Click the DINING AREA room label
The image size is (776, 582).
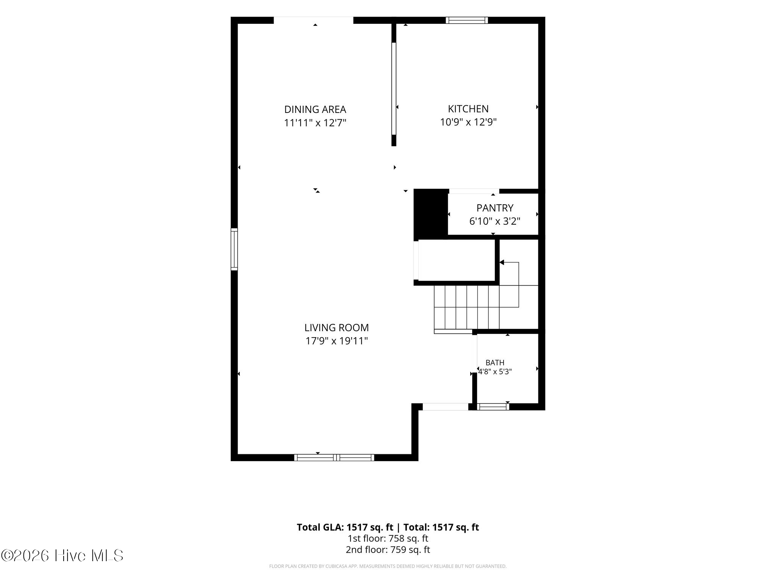coord(315,110)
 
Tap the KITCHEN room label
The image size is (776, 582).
coord(468,109)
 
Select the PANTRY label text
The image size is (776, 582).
coord(495,208)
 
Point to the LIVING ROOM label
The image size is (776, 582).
coord(336,327)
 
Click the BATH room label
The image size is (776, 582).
coord(495,363)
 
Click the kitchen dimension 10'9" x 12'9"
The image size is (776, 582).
coord(468,122)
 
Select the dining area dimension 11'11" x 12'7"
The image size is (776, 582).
coord(315,123)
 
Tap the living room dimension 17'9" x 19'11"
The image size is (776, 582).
coord(336,341)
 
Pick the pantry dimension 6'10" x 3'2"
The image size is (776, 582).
coord(495,221)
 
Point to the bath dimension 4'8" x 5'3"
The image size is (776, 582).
coord(495,372)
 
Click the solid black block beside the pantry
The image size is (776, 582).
coord(431,214)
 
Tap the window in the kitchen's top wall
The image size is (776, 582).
coord(467,20)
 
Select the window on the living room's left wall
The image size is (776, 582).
coord(235,249)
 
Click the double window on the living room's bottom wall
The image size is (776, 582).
coord(334,457)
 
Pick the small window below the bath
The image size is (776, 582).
coord(493,407)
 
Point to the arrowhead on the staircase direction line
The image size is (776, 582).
coord(502,262)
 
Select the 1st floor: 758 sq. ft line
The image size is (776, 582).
coord(388,538)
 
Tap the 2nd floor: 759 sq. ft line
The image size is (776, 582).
coord(388,550)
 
